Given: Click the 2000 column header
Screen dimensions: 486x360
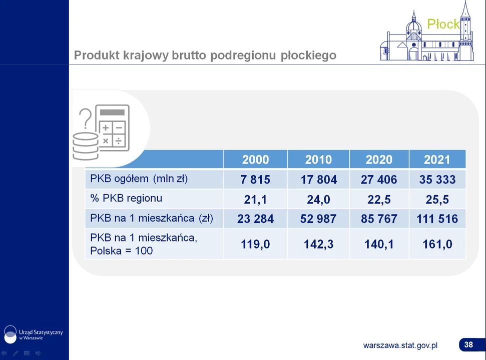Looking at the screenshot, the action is click(x=255, y=159).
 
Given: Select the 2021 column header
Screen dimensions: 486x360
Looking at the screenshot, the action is click(x=437, y=159).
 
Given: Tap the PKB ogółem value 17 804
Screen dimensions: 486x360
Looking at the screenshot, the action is click(x=319, y=179).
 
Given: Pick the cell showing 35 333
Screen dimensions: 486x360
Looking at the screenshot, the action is click(x=437, y=179).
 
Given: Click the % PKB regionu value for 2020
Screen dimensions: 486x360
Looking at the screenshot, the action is click(x=379, y=199).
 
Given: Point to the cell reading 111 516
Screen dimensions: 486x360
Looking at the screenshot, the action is click(x=437, y=219).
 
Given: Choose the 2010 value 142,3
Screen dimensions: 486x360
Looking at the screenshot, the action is click(x=319, y=244).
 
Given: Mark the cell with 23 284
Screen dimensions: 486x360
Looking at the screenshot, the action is click(x=255, y=219).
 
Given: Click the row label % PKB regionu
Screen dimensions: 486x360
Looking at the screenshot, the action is click(x=126, y=198).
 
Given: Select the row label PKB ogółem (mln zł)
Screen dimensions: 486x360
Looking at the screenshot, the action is click(x=139, y=178).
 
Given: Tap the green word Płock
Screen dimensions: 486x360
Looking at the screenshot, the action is click(x=443, y=24).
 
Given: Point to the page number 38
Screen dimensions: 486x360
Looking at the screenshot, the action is click(x=468, y=344).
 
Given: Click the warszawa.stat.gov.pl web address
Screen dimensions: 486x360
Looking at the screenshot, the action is click(x=400, y=345).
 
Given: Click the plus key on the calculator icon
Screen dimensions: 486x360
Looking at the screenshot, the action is click(x=106, y=127).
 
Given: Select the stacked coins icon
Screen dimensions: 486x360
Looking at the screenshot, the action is click(x=86, y=146).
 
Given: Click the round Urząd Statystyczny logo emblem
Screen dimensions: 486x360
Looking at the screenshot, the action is click(x=10, y=334).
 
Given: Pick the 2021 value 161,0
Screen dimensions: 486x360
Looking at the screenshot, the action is click(x=437, y=244).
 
